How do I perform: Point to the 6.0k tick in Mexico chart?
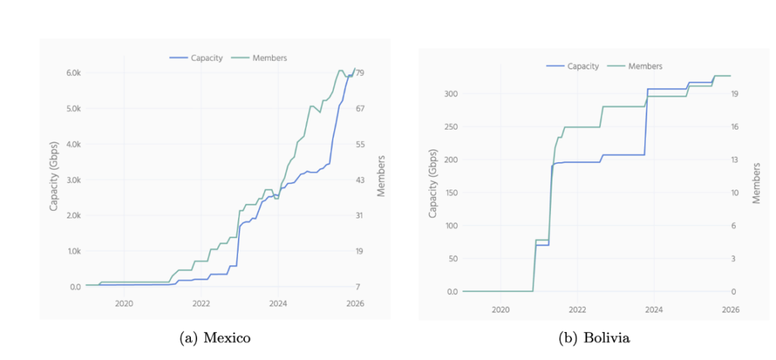pyautogui.click(x=74, y=73)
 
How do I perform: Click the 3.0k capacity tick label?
pyautogui.click(x=74, y=180)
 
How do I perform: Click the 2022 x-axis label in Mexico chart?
pyautogui.click(x=201, y=303)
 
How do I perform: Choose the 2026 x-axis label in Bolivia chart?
pyautogui.click(x=731, y=309)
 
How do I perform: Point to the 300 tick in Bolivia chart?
pyautogui.click(x=452, y=94)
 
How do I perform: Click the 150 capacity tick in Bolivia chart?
pyautogui.click(x=452, y=193)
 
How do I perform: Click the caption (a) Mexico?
pyautogui.click(x=215, y=338)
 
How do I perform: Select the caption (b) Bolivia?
pyautogui.click(x=597, y=338)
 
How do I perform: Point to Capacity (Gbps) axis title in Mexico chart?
pyautogui.click(x=54, y=180)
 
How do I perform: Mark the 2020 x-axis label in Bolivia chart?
pyautogui.click(x=500, y=309)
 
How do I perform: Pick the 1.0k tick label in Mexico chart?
pyautogui.click(x=74, y=251)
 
